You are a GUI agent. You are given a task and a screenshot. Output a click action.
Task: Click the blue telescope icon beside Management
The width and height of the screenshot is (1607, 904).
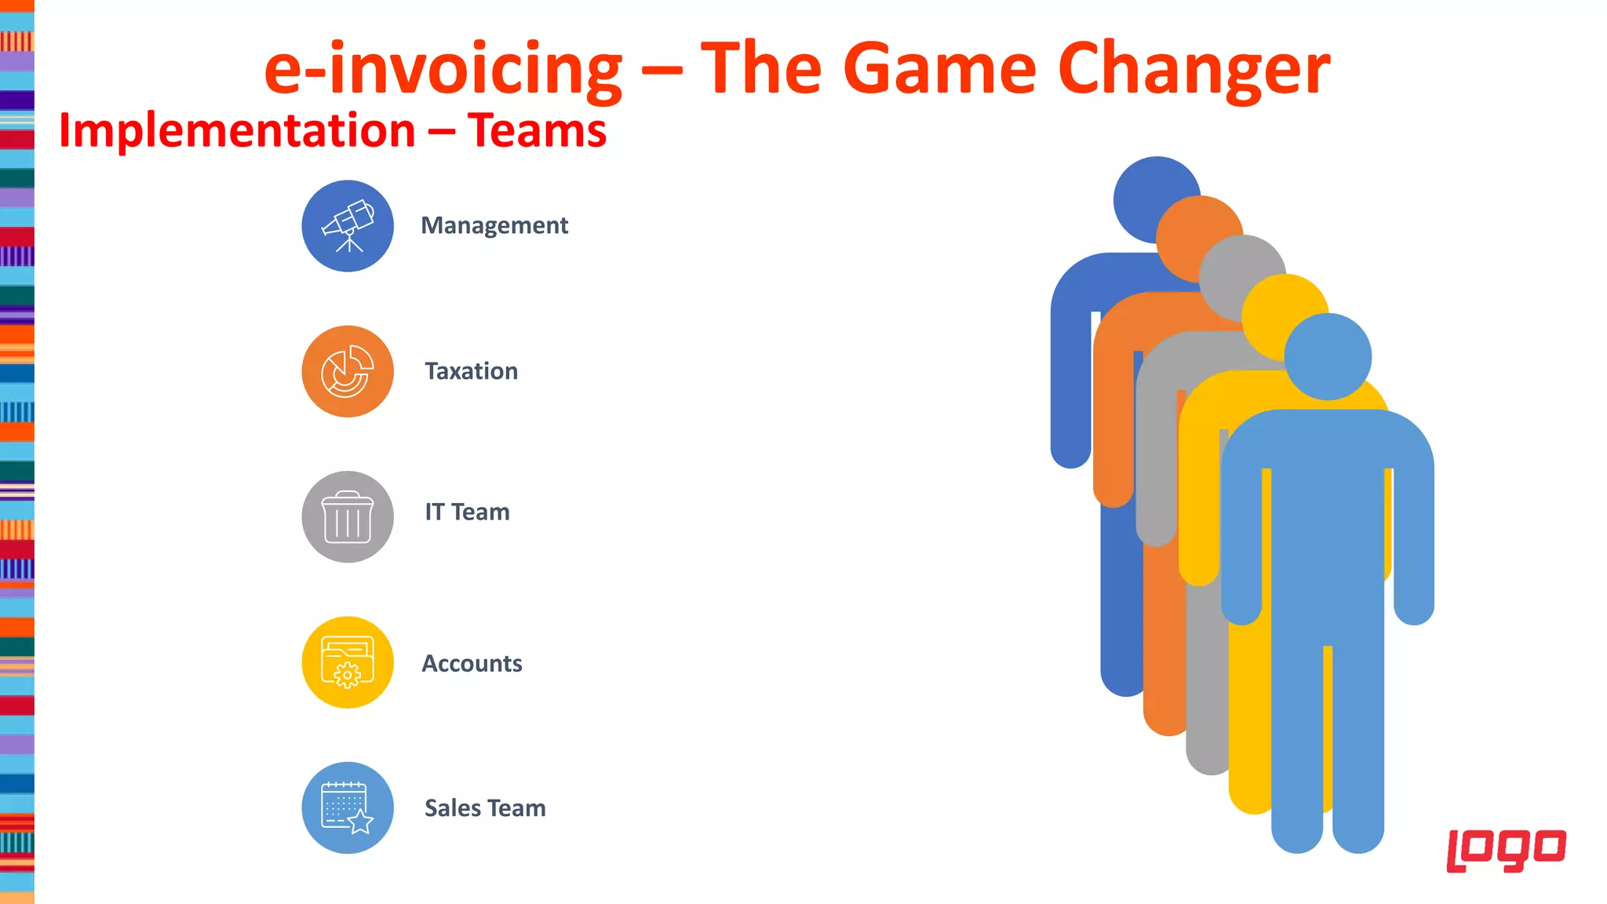(x=348, y=226)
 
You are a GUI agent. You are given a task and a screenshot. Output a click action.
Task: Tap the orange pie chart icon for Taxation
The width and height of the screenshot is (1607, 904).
(x=348, y=371)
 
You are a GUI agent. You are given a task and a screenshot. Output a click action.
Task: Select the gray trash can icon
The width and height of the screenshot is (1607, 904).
(x=348, y=517)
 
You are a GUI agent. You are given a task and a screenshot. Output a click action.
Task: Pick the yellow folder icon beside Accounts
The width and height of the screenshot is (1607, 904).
(x=348, y=662)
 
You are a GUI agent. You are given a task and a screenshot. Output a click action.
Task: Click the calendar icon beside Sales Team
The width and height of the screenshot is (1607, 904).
(x=348, y=807)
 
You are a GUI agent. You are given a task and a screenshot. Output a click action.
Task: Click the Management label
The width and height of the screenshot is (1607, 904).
(x=494, y=226)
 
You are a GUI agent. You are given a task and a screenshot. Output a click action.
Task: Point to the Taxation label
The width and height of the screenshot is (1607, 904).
(x=471, y=371)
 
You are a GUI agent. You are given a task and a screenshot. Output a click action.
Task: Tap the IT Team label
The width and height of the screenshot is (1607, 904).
(x=467, y=512)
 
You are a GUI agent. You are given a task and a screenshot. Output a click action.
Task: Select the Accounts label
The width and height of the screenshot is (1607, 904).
(x=472, y=664)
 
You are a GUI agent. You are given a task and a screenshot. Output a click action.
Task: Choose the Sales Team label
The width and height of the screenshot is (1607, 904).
(x=485, y=808)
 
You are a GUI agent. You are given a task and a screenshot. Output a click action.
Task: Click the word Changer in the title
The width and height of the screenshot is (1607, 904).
(x=1193, y=69)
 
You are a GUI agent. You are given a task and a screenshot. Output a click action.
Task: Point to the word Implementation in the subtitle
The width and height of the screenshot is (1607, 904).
(x=237, y=130)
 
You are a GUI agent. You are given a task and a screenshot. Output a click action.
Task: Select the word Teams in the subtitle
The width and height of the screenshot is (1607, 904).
(x=537, y=130)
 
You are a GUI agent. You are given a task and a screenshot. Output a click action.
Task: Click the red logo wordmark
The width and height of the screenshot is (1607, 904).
(x=1506, y=850)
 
